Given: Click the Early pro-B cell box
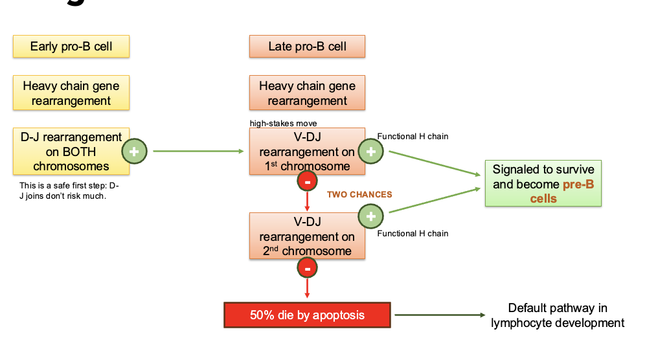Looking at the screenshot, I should coord(71,47).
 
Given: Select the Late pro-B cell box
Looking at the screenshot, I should coord(307,47).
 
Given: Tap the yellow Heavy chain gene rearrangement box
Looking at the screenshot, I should coord(71,93).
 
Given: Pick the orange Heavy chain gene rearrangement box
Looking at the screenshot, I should coord(307,93).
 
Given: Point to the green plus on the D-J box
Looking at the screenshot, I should coord(135,152).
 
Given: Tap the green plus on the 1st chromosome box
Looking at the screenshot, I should coord(370,152).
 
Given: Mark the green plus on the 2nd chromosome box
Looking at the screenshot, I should coord(370,216).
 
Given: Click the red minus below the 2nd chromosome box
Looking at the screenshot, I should coord(307,267).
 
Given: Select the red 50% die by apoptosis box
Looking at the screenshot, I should coord(307,315).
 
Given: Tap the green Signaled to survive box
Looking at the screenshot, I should coord(543,183).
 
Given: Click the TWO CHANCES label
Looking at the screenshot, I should coord(359,194).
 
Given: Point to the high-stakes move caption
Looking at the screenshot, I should coord(284,123).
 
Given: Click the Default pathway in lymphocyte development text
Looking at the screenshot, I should coord(558,315).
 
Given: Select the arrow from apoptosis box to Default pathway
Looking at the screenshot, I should coord(439,315).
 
